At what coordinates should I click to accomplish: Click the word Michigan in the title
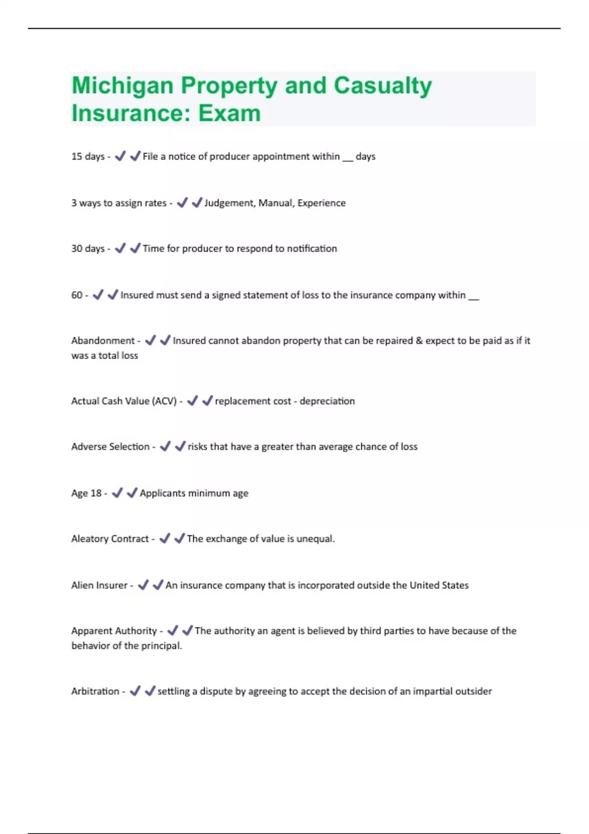[122, 86]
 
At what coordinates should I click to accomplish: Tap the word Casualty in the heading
[383, 86]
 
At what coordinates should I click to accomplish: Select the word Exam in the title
[229, 113]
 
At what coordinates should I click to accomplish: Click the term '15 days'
[88, 156]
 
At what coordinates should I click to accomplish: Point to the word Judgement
[229, 203]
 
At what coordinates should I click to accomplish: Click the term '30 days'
[88, 249]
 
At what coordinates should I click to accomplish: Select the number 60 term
[77, 295]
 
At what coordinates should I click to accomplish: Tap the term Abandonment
[103, 340]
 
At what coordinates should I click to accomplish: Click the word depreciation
[327, 401]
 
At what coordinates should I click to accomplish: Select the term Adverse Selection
[110, 446]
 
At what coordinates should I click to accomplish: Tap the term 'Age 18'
[86, 493]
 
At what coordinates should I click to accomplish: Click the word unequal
[315, 539]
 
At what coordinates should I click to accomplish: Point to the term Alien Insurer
[99, 585]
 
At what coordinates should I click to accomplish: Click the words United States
[439, 585]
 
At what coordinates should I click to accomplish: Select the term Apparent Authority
[114, 631]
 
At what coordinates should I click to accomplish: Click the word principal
[161, 646]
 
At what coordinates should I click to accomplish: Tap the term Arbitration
[95, 691]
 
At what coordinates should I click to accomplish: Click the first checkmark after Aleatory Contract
[165, 539]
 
